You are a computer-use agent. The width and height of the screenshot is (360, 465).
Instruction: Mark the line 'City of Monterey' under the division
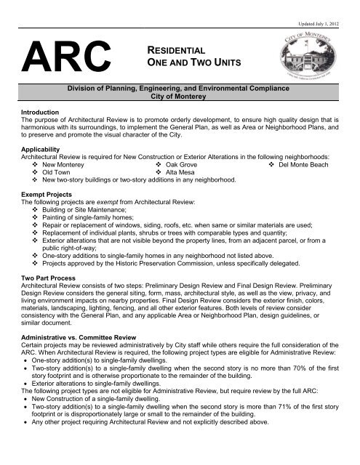180,116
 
